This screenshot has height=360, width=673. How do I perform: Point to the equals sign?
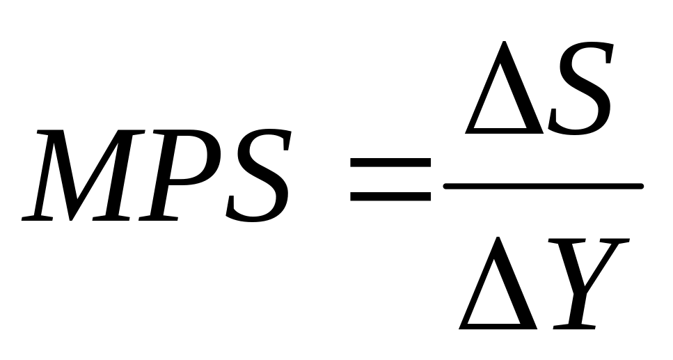click(390, 180)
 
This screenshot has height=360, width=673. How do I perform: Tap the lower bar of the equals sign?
click(390, 196)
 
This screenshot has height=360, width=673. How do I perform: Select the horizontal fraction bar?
click(543, 186)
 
